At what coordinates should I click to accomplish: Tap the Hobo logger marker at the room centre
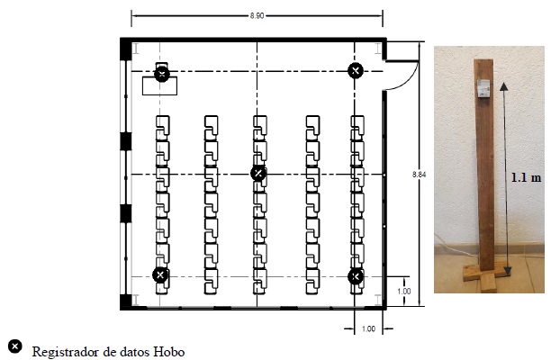tap(257, 173)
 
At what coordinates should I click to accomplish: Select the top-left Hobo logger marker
tap(161, 73)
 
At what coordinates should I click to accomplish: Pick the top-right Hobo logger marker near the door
tap(356, 70)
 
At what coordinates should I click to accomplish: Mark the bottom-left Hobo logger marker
tap(160, 274)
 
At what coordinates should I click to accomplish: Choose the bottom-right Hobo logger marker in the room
tap(356, 275)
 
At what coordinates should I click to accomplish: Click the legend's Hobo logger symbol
tap(14, 346)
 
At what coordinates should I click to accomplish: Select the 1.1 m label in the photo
tap(524, 177)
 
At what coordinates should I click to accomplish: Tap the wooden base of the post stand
tap(483, 279)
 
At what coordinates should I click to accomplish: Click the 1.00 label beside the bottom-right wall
tap(404, 291)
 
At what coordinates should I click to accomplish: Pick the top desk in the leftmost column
tap(162, 123)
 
